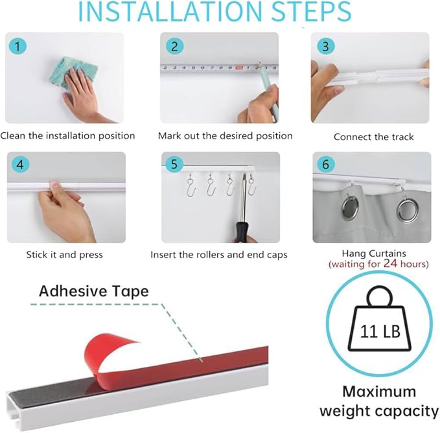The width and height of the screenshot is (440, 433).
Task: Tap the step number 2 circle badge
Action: coord(174,46)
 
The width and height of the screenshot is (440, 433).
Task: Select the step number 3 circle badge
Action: coord(325,46)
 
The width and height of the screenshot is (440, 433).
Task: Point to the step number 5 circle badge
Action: coord(174,165)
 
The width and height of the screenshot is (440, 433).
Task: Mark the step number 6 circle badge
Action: coord(325,165)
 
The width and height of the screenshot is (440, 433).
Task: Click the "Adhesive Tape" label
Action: coord(93,291)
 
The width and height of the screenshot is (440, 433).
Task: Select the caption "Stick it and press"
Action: coord(64,255)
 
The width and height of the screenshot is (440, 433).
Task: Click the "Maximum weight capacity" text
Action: coord(378,401)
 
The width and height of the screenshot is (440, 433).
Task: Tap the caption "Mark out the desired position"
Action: coord(225,136)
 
